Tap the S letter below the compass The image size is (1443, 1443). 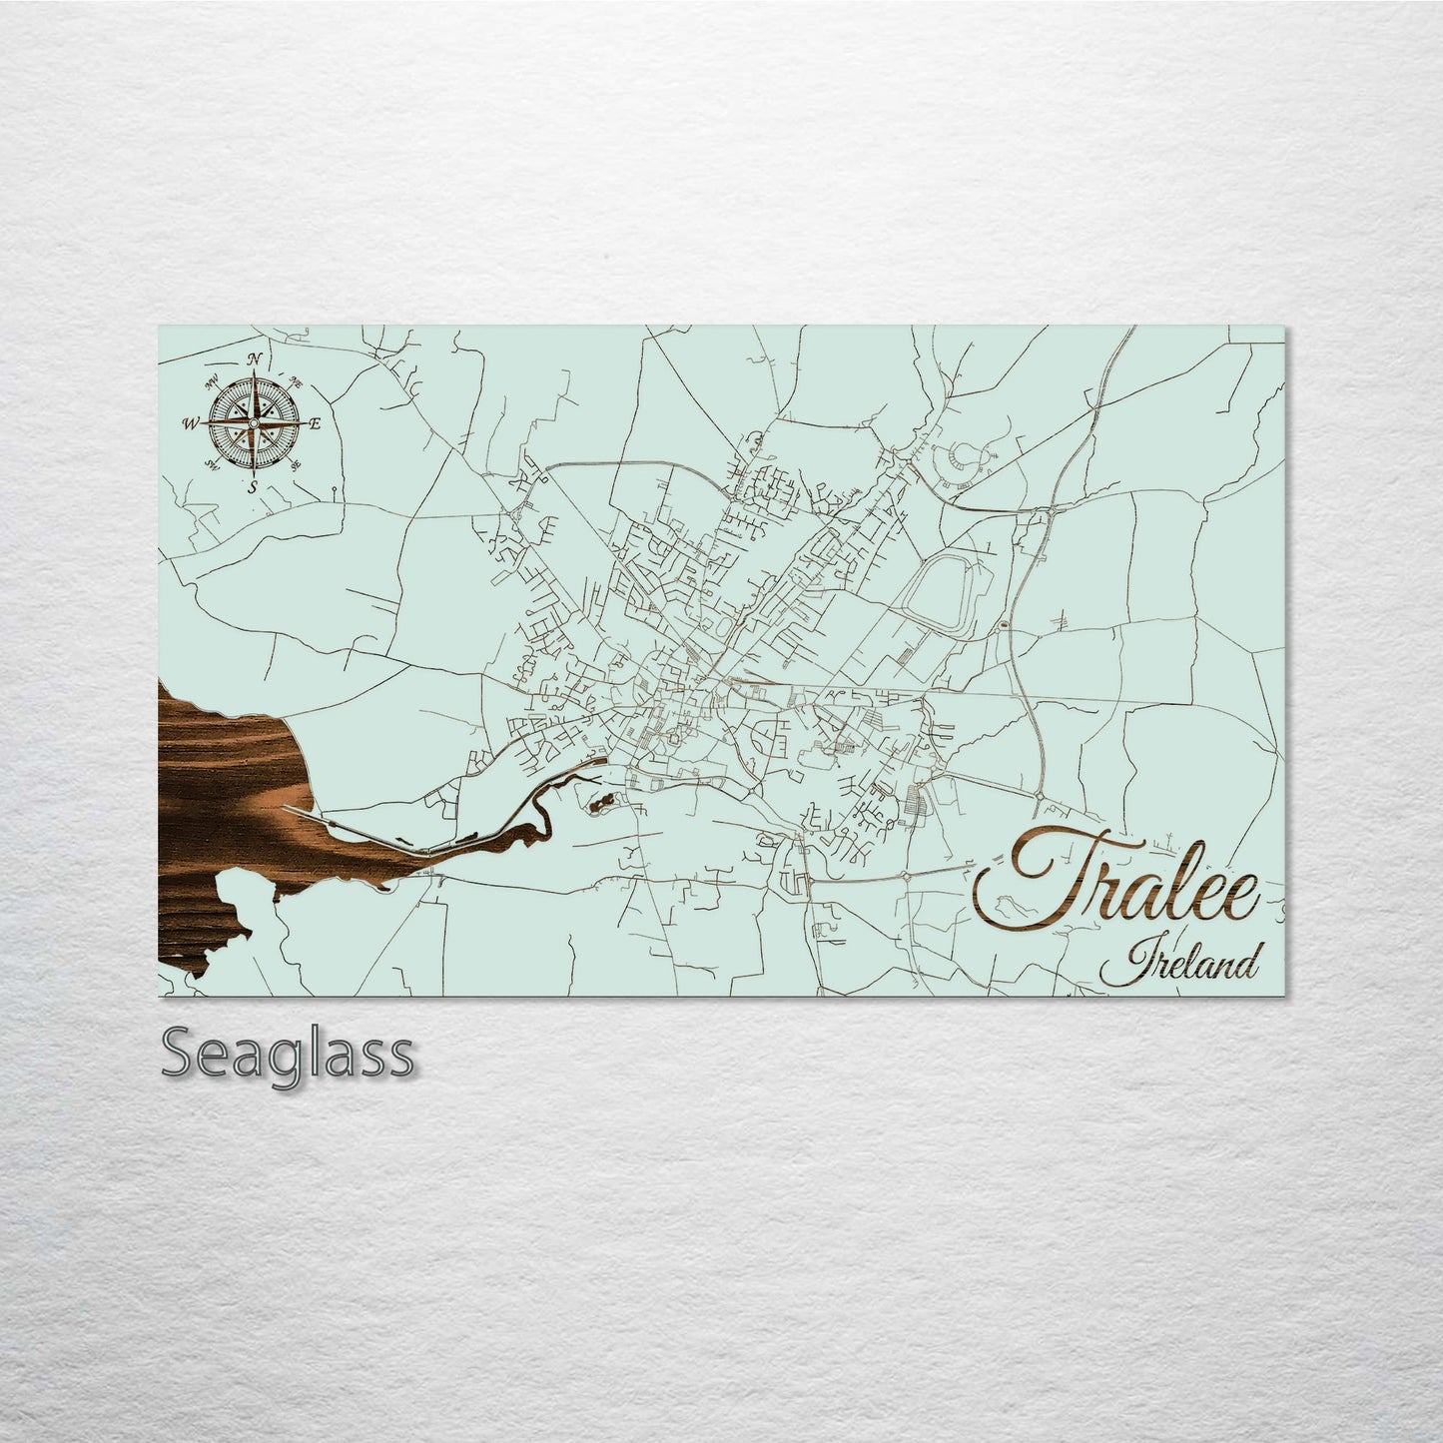pyautogui.click(x=254, y=486)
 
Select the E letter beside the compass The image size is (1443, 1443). pyautogui.click(x=314, y=424)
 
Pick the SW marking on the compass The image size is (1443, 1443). pyautogui.click(x=212, y=464)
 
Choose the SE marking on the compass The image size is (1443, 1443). pyautogui.click(x=296, y=465)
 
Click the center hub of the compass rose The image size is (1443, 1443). pyautogui.click(x=253, y=424)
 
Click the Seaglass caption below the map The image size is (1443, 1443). pyautogui.click(x=287, y=1054)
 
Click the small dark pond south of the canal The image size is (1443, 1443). pyautogui.click(x=601, y=802)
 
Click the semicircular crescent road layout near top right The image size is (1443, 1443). pyautogui.click(x=964, y=459)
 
